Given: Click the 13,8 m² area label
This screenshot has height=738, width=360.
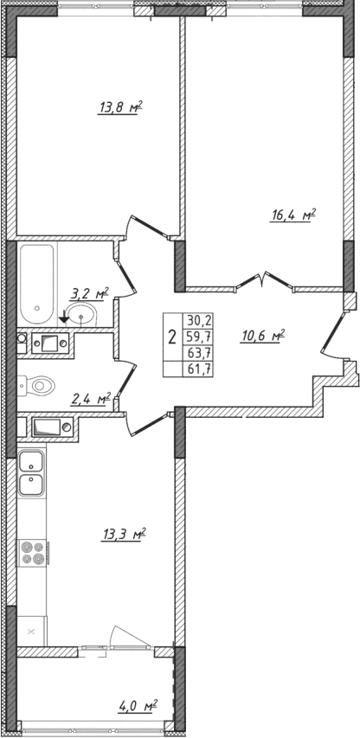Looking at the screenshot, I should pyautogui.click(x=120, y=109).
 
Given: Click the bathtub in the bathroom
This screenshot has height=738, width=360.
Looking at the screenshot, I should pyautogui.click(x=37, y=279).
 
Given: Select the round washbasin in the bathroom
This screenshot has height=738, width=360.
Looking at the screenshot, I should pyautogui.click(x=84, y=314).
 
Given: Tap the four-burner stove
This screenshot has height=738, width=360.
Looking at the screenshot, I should pyautogui.click(x=32, y=551).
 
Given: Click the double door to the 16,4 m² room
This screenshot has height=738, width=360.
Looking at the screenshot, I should pyautogui.click(x=261, y=281).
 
